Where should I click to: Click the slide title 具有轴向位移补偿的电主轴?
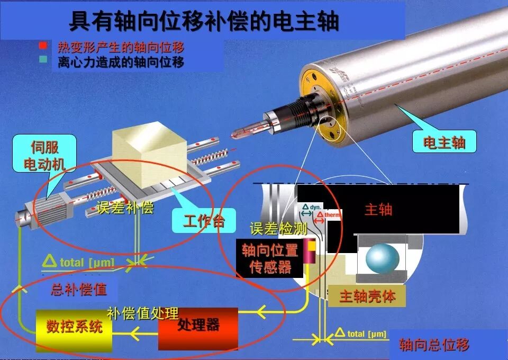pyautogui.click(x=204, y=22)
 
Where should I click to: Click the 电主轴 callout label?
pyautogui.click(x=444, y=142)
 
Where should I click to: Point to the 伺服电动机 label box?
pyautogui.click(x=45, y=153)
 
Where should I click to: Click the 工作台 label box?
pyautogui.click(x=203, y=221)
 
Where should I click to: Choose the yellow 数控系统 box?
pyautogui.click(x=74, y=327)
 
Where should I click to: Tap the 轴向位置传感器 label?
pyautogui.click(x=270, y=258)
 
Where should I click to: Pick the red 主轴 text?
pyautogui.click(x=378, y=210)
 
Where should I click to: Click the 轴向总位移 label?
pyautogui.click(x=434, y=346)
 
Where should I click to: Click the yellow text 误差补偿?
pyautogui.click(x=125, y=208)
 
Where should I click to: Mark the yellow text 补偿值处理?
pyautogui.click(x=143, y=313)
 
